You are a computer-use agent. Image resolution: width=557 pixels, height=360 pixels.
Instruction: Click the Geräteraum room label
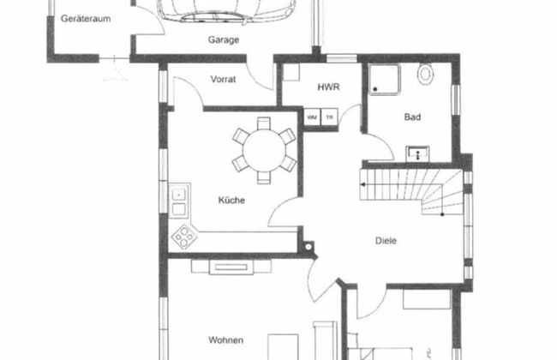pos(86,19)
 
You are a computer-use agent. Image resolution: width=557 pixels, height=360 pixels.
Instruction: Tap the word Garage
pos(224,39)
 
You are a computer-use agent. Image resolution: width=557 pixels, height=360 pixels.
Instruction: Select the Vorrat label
pos(223,79)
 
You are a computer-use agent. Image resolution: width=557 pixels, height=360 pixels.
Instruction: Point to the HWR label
pos(328,87)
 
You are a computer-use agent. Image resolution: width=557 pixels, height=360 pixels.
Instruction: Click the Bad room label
pos(412,117)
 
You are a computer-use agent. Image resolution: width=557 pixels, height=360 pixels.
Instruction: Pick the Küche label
pos(231,200)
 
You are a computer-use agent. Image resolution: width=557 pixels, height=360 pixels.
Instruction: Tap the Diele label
pos(386,241)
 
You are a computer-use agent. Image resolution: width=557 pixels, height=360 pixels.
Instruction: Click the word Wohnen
pos(226,340)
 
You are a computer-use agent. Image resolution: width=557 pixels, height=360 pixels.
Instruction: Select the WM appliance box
pos(312,117)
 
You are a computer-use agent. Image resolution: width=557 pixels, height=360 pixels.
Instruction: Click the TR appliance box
pos(329,117)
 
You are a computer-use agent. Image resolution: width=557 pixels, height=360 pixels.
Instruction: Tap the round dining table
pos(264,151)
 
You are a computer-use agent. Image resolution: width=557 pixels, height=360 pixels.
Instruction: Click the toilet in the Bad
pos(425,73)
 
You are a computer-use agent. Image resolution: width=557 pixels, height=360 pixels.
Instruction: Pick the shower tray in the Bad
pos(385,80)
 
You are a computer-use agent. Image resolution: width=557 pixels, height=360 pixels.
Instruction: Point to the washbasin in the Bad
pos(418,153)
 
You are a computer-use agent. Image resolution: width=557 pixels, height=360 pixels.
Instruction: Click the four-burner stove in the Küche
pos(184,237)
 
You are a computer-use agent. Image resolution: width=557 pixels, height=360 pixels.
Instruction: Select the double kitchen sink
pos(179,201)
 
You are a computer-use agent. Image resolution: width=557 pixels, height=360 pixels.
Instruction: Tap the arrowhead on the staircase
pos(363,184)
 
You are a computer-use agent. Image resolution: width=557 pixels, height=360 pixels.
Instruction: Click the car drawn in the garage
pos(226,10)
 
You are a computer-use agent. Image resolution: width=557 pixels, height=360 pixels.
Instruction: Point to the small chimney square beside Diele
pos(308,246)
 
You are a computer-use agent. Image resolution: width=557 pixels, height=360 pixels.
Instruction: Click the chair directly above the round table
pos(264,123)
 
